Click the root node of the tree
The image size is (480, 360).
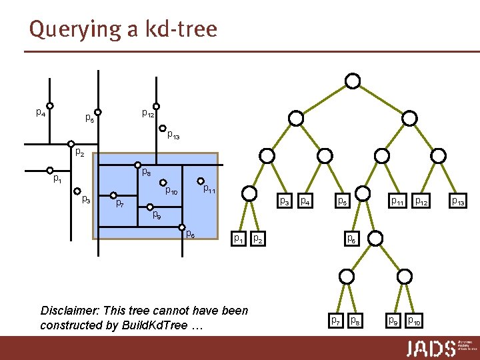353,81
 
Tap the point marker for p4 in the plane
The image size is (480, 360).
50,105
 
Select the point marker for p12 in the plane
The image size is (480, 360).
157,106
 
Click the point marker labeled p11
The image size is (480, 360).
201,180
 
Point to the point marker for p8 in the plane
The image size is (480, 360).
137,165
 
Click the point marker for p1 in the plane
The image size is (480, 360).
50,170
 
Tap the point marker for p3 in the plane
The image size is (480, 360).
77,191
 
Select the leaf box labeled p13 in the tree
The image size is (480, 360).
459,200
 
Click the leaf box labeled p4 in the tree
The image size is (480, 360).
305,200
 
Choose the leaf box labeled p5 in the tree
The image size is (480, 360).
342,200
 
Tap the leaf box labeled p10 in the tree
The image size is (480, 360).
414,321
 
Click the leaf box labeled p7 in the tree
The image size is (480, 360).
336,321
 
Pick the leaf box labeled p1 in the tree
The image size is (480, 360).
237,237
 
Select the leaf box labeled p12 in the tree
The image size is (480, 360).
421,200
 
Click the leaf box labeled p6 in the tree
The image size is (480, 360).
351,237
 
